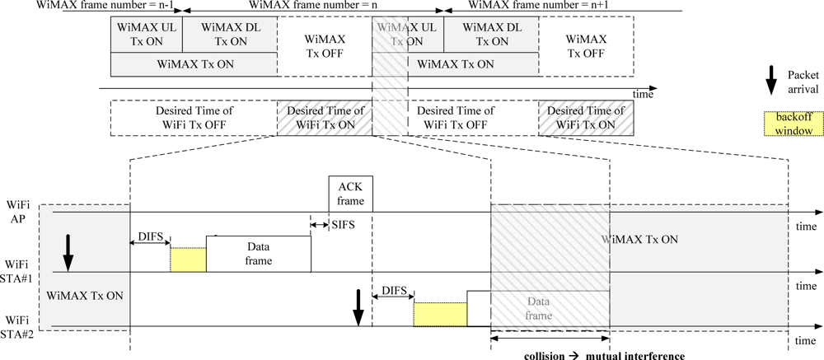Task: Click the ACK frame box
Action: [x=351, y=193]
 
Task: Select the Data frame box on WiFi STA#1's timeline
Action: [x=258, y=254]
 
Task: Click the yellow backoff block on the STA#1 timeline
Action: [x=188, y=259]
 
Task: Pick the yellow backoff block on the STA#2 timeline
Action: [x=439, y=314]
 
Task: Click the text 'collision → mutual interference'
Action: [x=604, y=356]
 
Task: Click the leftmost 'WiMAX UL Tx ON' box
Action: [x=145, y=34]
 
